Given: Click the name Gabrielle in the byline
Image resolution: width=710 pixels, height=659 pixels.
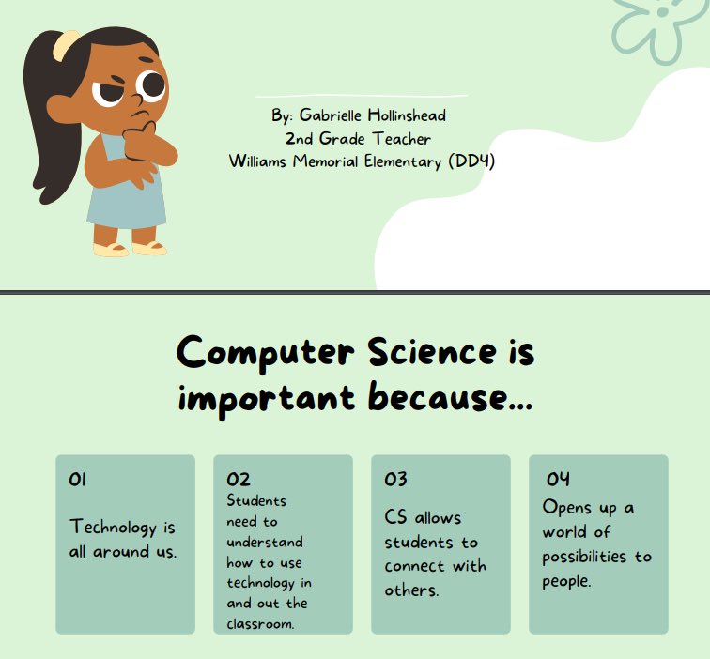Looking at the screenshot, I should tap(333, 115).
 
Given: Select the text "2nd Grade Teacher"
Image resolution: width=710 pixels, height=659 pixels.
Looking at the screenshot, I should tap(359, 139).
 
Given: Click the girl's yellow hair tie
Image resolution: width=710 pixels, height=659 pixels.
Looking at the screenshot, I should tap(65, 42).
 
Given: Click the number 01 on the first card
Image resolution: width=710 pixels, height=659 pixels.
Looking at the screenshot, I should tap(77, 480).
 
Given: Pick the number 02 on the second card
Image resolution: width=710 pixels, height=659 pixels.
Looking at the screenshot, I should tap(238, 481).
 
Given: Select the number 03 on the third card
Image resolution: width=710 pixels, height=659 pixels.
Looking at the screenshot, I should tap(395, 480).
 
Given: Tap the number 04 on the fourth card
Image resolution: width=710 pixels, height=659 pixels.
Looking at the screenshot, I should tap(558, 480).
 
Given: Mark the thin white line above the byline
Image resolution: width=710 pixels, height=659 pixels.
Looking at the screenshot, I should tap(362, 96).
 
